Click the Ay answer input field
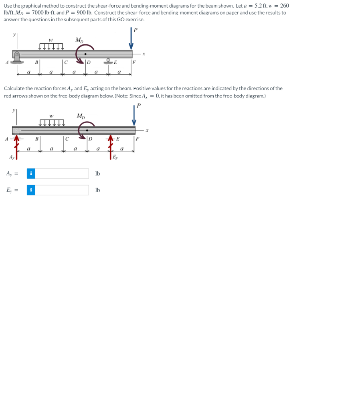[63, 173]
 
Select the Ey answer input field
[63, 190]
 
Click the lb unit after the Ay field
[97, 174]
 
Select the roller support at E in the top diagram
[108, 61]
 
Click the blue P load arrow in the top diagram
[131, 40]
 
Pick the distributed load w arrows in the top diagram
[51, 47]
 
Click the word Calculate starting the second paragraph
[15, 88]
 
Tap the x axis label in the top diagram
[143, 54]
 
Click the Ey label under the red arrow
[115, 157]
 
